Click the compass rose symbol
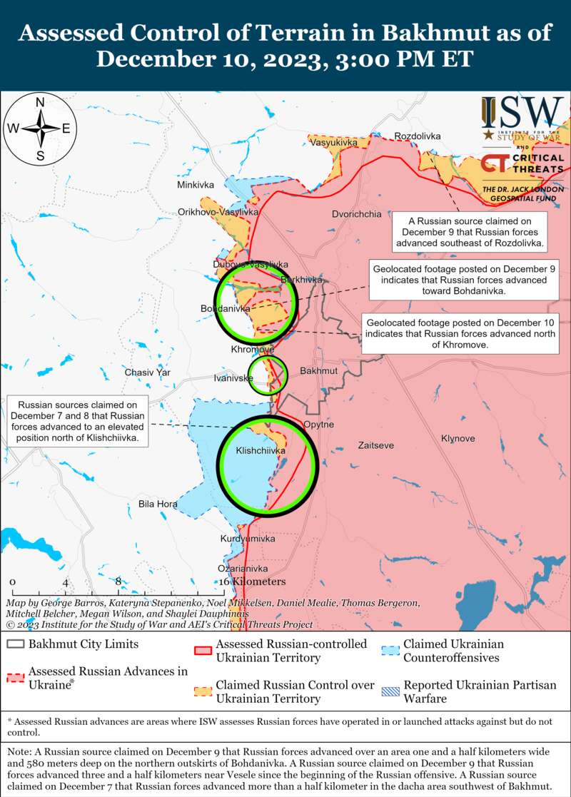pyautogui.click(x=41, y=129)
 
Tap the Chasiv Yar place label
pyautogui.click(x=148, y=372)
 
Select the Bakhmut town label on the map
pyautogui.click(x=318, y=372)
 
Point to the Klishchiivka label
pyautogui.click(x=261, y=451)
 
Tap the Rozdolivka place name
pyautogui.click(x=418, y=136)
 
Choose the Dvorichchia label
pyautogui.click(x=357, y=214)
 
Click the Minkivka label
pyautogui.click(x=196, y=186)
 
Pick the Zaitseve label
pyautogui.click(x=375, y=445)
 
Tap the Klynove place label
pyautogui.click(x=458, y=438)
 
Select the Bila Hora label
pyautogui.click(x=158, y=504)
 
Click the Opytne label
pyautogui.click(x=318, y=425)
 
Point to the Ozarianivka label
pyautogui.click(x=243, y=569)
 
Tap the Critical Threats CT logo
pyautogui.click(x=492, y=163)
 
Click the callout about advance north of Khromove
pyautogui.click(x=459, y=332)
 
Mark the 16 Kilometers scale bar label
pyautogui.click(x=253, y=582)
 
